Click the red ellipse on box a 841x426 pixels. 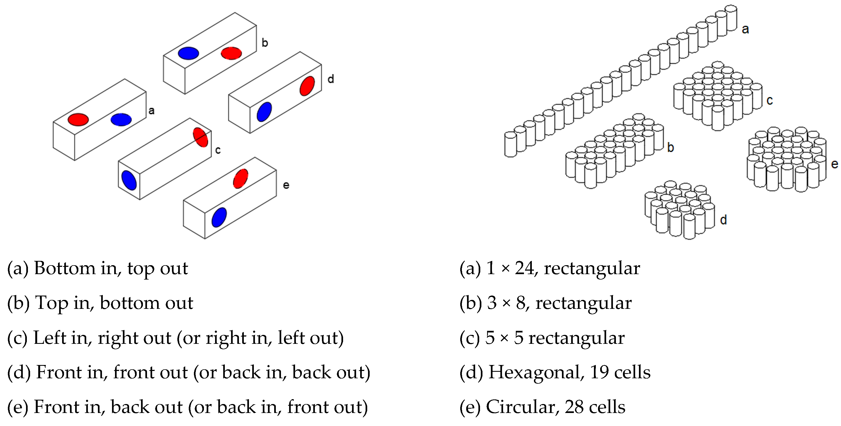tap(78, 120)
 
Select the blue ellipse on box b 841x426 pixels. tap(188, 53)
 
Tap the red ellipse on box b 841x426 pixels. tap(231, 53)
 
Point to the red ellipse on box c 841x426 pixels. tap(200, 137)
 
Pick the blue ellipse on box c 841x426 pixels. tap(129, 180)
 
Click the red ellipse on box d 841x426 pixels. tap(307, 86)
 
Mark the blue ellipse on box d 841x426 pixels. tap(264, 112)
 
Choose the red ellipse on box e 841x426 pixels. tap(241, 178)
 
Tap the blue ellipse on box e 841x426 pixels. tap(219, 217)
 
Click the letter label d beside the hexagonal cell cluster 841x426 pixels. tap(724, 220)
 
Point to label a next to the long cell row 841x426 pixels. tap(745, 29)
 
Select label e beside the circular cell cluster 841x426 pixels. tap(834, 164)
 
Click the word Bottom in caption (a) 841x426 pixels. tap(65, 268)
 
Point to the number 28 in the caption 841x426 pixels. tap(574, 407)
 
